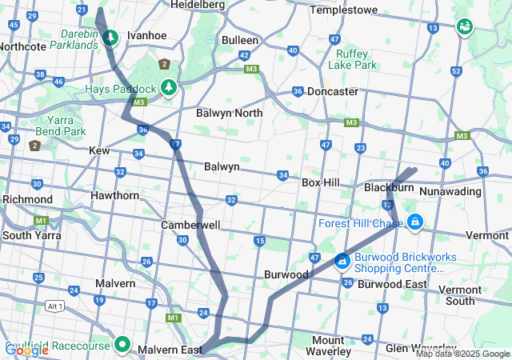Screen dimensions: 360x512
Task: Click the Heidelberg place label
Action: (x=198, y=5)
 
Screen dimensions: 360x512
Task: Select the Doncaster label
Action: (x=333, y=91)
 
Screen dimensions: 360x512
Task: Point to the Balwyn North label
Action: (x=230, y=113)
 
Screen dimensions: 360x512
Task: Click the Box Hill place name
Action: (x=321, y=182)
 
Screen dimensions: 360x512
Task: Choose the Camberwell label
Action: (x=190, y=226)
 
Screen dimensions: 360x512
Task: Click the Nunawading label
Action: (x=450, y=191)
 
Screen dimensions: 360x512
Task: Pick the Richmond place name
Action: (x=27, y=198)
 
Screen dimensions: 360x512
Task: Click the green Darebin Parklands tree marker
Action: (x=110, y=38)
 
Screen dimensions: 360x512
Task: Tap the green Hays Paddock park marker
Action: (x=169, y=87)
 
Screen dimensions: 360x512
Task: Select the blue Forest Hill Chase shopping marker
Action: (x=414, y=222)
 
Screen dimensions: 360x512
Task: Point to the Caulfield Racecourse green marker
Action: (x=122, y=344)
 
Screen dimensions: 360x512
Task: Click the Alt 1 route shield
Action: (x=54, y=306)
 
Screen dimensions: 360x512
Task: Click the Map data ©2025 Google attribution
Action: (x=462, y=354)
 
